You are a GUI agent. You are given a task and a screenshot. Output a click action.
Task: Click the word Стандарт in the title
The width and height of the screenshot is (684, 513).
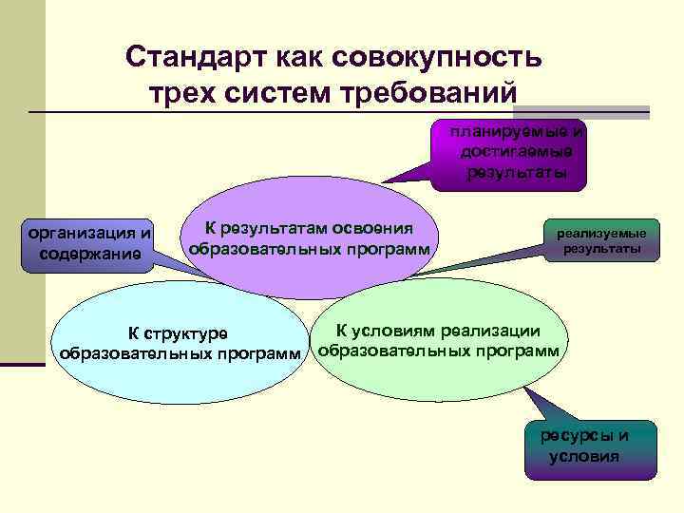click(196, 58)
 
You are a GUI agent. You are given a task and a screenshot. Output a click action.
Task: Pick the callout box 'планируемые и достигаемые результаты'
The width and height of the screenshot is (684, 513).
click(514, 152)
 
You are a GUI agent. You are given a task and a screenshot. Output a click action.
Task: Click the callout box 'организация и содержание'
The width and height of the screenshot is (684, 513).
click(90, 242)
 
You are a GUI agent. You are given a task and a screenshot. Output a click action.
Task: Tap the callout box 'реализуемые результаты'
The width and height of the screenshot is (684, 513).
click(600, 241)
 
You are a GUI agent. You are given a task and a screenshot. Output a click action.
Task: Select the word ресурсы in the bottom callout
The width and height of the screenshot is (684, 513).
click(572, 436)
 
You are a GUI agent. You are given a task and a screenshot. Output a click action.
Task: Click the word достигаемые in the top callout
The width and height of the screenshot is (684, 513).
click(515, 152)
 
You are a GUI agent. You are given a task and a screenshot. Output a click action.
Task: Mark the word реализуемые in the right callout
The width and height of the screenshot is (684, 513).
click(601, 234)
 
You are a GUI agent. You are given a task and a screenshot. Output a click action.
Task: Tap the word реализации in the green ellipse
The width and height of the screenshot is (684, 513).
click(496, 331)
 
